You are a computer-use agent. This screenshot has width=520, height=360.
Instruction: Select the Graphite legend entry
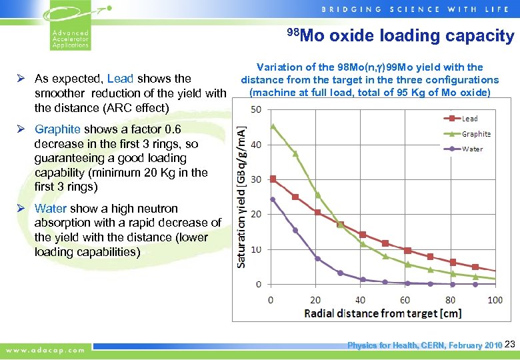[x=475, y=133]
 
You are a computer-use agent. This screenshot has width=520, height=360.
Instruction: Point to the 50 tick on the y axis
[x=257, y=109]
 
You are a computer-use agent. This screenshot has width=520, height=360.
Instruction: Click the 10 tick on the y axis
[x=257, y=249]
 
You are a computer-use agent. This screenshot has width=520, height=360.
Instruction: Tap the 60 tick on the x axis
[x=405, y=300]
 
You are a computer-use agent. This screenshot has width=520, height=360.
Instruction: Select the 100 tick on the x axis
[x=495, y=300]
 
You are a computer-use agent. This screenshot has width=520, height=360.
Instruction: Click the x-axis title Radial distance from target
[x=382, y=313]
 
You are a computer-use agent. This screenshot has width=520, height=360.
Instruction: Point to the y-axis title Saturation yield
[x=242, y=196]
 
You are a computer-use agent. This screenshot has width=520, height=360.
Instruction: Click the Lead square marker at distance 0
[x=272, y=179]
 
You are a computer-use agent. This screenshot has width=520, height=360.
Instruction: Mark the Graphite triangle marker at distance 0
[x=272, y=126]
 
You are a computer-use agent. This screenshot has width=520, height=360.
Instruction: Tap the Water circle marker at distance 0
[x=272, y=199]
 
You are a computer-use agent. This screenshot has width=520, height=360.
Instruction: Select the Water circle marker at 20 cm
[x=317, y=259]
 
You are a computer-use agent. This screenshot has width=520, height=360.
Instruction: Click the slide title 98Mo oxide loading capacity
[x=401, y=36]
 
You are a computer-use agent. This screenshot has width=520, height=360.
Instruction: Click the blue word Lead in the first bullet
[x=120, y=79]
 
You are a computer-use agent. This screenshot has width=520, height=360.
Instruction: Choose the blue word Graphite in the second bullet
[x=57, y=129]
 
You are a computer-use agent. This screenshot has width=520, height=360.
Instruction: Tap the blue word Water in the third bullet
[x=51, y=209]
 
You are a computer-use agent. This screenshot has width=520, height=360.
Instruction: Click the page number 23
[x=510, y=345]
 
